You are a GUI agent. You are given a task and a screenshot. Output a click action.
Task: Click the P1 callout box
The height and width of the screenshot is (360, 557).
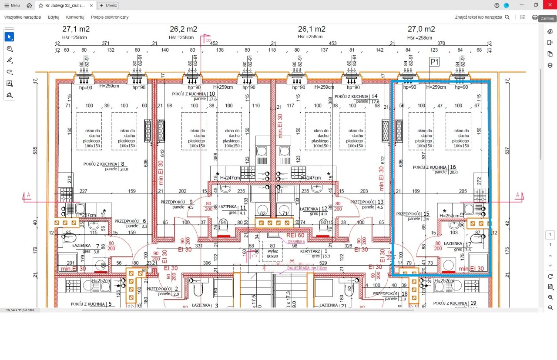tap(434, 62)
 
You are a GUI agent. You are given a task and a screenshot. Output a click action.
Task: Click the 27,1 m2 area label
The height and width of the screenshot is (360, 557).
tap(76, 29)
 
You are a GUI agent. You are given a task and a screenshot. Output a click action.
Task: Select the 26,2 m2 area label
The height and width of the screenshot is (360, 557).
tap(183, 29)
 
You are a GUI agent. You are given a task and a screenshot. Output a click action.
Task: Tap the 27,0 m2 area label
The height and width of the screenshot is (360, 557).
tap(421, 29)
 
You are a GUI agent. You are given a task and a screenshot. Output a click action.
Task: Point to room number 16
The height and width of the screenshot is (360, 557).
tap(453, 167)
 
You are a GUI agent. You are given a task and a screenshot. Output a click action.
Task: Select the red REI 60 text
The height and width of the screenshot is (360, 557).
tap(295, 235)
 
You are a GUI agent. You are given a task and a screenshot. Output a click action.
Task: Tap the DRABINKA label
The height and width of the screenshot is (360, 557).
tap(296, 242)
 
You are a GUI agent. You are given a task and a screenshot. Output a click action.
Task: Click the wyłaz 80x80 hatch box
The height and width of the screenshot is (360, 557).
tap(273, 253)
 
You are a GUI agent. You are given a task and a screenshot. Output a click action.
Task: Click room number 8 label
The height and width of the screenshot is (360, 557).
tap(116, 164)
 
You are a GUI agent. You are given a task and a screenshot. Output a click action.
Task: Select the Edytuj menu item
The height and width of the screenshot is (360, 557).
tap(54, 17)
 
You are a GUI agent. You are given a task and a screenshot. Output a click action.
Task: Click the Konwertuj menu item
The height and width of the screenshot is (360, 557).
tap(75, 17)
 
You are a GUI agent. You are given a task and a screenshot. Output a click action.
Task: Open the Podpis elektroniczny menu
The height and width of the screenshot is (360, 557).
tap(110, 17)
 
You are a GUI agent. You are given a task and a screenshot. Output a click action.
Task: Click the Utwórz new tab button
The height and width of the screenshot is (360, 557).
tap(108, 6)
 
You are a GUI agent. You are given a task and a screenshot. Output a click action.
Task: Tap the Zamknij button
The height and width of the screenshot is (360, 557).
tap(547, 18)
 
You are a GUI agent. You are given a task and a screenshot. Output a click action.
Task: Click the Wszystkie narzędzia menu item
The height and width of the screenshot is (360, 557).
tap(23, 17)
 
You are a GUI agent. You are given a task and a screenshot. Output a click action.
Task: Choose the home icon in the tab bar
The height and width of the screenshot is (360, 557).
tap(29, 6)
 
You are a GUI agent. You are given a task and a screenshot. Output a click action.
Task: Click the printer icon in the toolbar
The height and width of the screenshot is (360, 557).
tap(535, 17)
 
